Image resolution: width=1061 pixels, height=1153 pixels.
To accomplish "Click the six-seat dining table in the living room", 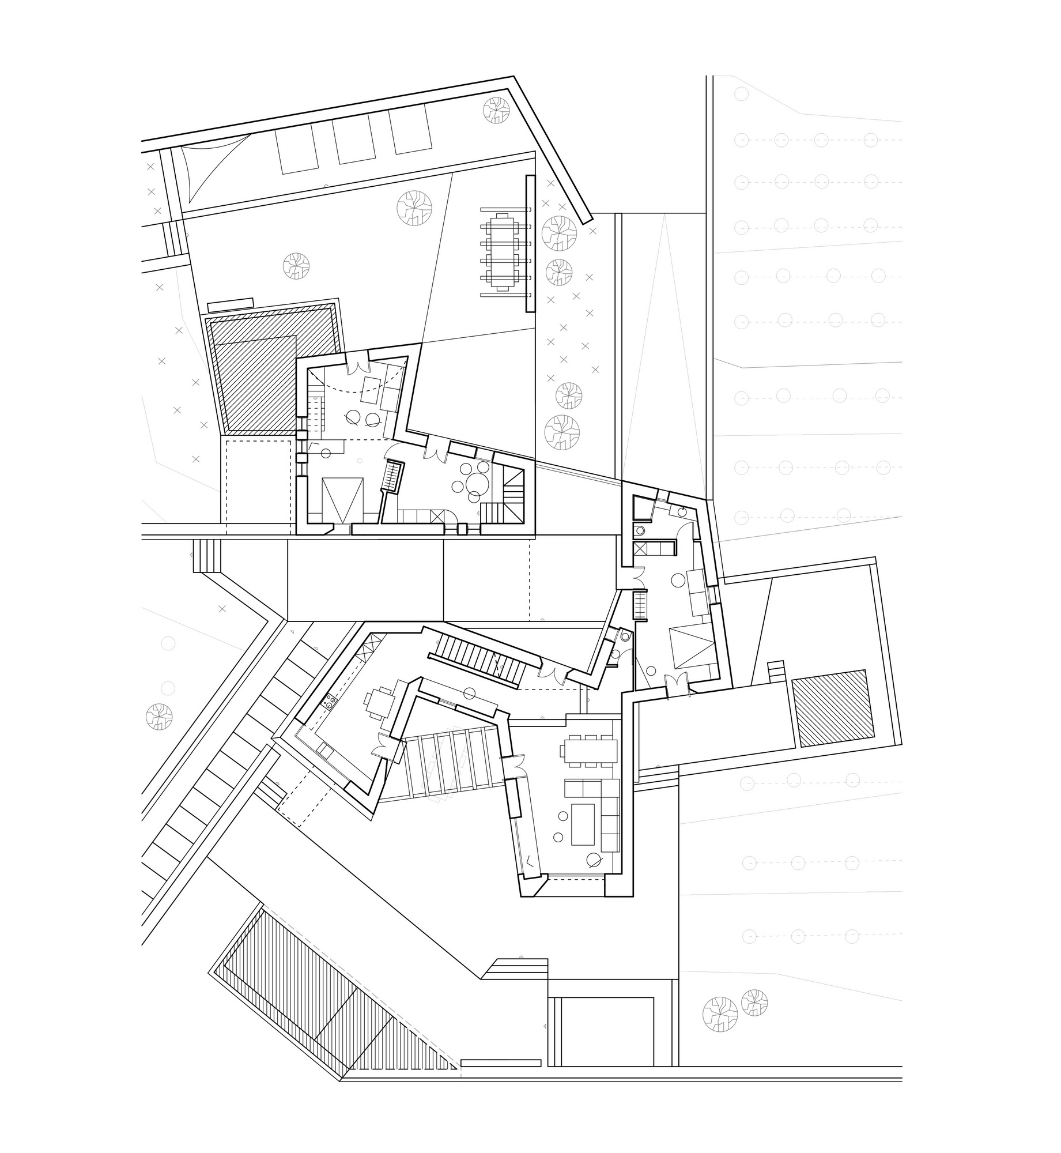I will (587, 751).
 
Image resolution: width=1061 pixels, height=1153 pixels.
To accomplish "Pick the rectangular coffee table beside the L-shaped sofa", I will (583, 824).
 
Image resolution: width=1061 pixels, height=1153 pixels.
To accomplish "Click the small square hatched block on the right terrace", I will (830, 707).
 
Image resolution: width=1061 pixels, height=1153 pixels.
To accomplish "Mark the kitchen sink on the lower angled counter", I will (324, 750).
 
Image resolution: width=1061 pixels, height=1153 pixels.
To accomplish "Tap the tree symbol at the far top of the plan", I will (496, 111).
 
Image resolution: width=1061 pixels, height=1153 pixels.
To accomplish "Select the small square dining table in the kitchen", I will (380, 702).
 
